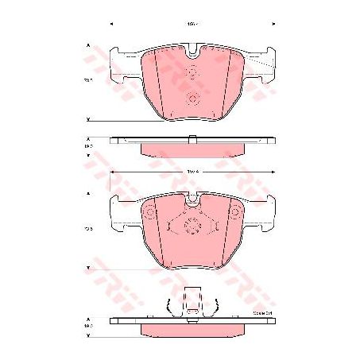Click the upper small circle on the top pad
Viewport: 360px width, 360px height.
(x=192, y=72)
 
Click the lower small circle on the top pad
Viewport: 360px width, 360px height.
(x=192, y=99)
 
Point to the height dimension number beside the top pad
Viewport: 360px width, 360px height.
(x=89, y=79)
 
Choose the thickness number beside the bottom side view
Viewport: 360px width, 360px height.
(x=89, y=326)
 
